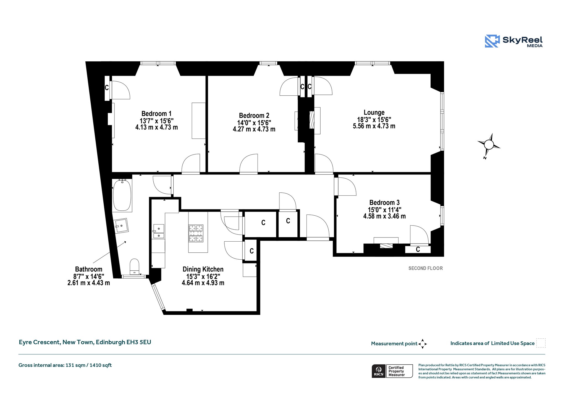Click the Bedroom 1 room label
156,114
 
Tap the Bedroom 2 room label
254,116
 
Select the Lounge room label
374,113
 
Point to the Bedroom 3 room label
384,203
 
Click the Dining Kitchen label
203,269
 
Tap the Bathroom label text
89,269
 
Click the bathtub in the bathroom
122,195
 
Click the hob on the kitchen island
196,233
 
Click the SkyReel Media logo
514,41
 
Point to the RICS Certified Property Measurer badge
392,371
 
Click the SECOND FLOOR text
426,268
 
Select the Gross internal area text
65,365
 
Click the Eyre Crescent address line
85,342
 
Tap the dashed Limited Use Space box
541,343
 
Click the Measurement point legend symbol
423,344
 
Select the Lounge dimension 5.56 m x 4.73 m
374,126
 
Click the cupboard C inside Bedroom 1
107,88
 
